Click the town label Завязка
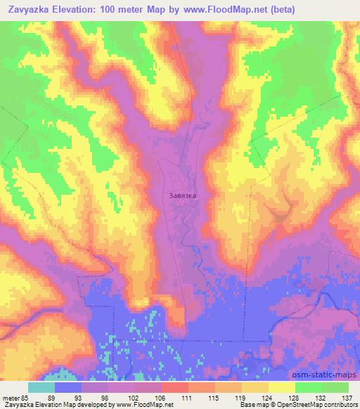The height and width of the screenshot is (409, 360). click(x=183, y=197)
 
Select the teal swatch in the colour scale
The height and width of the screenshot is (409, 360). click(x=41, y=387)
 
